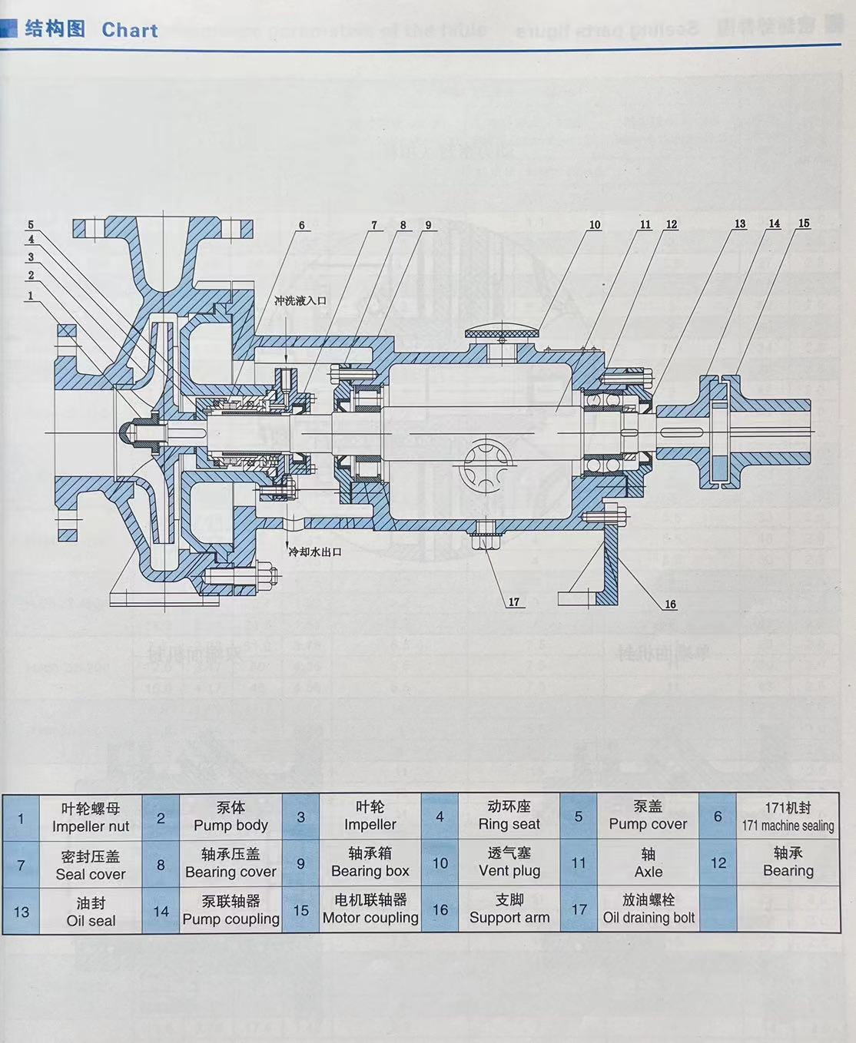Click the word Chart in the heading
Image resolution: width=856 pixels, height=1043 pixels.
coord(129,30)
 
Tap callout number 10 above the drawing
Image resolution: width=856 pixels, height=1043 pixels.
coord(595,225)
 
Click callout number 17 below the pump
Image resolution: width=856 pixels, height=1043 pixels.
coord(514,602)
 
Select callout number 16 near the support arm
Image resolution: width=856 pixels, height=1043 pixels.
coord(670,604)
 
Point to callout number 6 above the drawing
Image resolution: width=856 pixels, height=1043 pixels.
coord(301,226)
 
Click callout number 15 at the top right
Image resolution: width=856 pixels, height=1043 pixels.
coord(804,223)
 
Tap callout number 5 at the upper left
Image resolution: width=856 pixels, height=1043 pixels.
coord(31,225)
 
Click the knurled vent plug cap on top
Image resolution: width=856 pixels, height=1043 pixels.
coord(502,333)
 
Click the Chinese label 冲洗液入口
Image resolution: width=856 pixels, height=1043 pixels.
coord(300,300)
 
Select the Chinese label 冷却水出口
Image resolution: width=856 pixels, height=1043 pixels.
coord(314,551)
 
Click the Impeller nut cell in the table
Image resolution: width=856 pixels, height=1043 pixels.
coord(91,817)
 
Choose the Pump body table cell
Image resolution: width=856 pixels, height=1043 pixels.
coord(231,817)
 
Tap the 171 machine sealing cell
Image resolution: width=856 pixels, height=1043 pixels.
coord(788,817)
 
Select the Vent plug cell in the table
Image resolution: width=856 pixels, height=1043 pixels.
coord(509,863)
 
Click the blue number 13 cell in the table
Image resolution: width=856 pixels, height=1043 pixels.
coord(22,912)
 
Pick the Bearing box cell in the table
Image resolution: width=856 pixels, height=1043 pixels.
coord(370,863)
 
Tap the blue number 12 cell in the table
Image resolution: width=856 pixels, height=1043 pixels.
coord(718,863)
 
